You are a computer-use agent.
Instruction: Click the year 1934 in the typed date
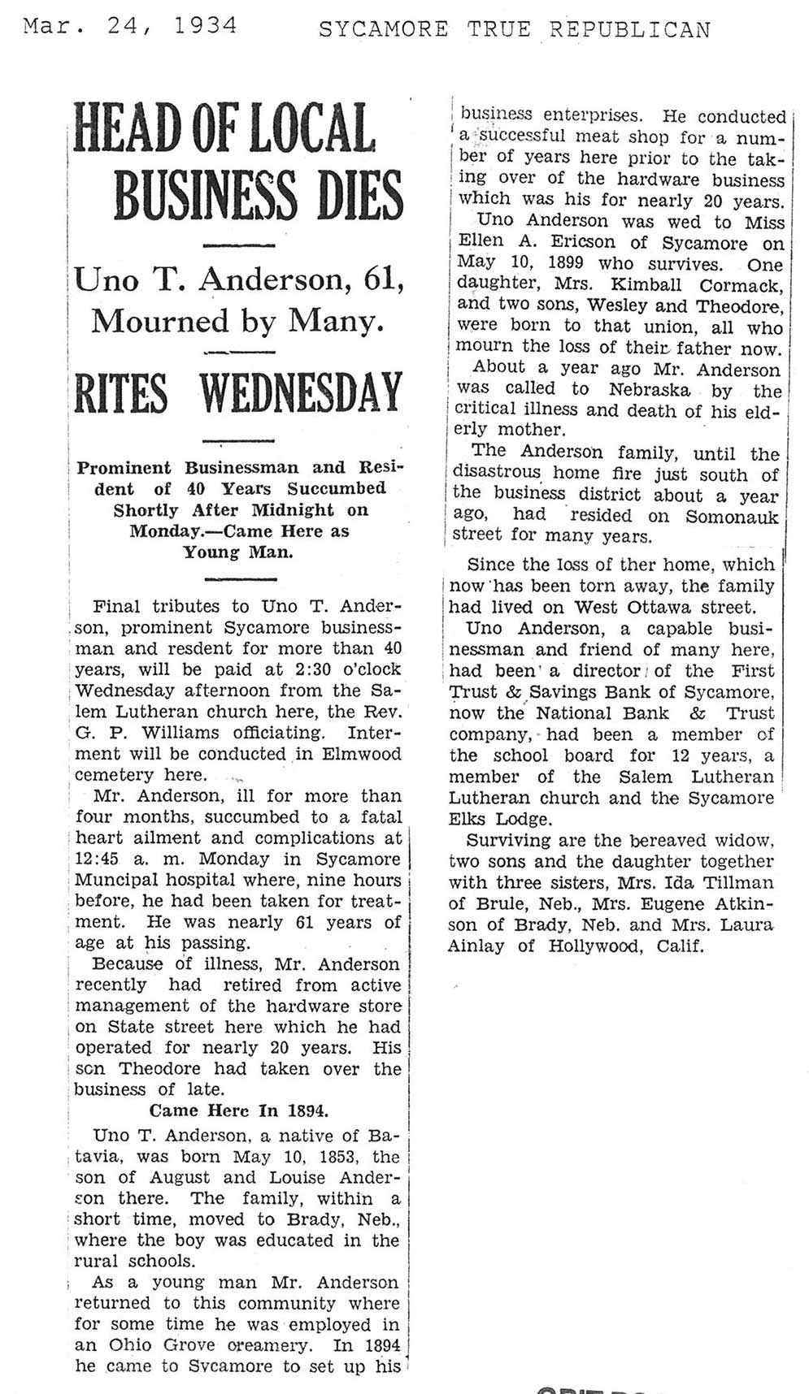pyautogui.click(x=205, y=27)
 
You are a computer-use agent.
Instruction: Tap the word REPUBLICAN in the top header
pyautogui.click(x=629, y=30)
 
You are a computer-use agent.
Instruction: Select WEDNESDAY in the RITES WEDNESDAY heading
pyautogui.click(x=301, y=393)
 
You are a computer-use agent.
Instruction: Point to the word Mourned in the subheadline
pyautogui.click(x=160, y=322)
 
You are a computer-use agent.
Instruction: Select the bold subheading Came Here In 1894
pyautogui.click(x=238, y=1110)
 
